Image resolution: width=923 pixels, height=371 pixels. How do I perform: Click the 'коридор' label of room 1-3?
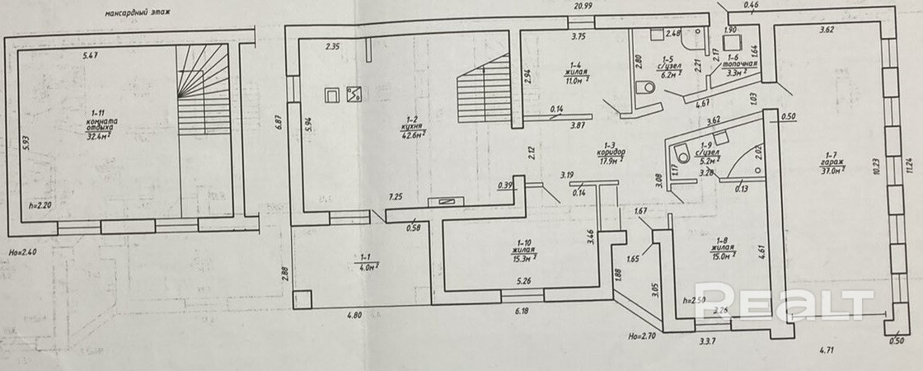[x=611, y=153]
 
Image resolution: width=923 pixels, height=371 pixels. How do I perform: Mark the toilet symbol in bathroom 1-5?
[x=648, y=86]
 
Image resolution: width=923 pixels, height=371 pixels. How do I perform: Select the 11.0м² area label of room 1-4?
[x=574, y=82]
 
